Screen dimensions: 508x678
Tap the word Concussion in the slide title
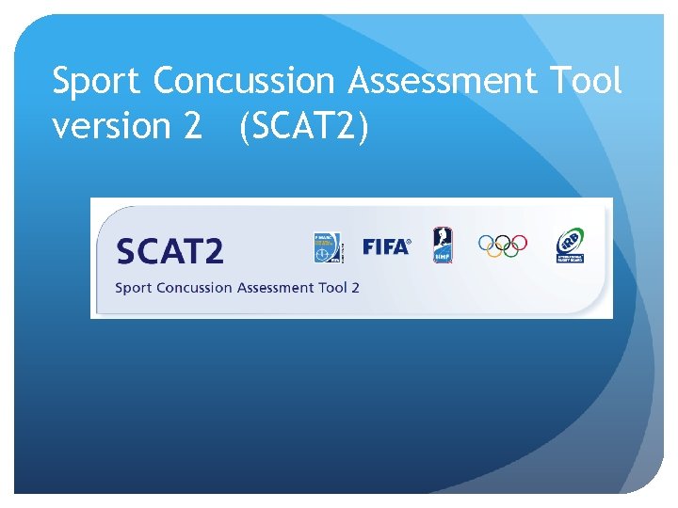pos(244,83)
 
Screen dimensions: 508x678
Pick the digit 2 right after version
pos(192,126)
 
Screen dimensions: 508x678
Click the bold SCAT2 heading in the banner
pos(169,251)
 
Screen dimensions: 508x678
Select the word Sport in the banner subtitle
pos(133,288)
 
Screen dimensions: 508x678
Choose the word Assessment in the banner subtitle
pos(277,287)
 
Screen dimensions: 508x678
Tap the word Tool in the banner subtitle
pos(332,287)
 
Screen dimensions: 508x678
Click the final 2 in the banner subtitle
pos(355,287)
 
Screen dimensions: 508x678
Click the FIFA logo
pos(386,246)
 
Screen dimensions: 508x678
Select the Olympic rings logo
pos(503,246)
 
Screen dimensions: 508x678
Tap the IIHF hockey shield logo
pos(443,246)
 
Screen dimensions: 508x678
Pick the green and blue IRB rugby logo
pos(569,246)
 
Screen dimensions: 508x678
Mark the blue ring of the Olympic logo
pos(485,242)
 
